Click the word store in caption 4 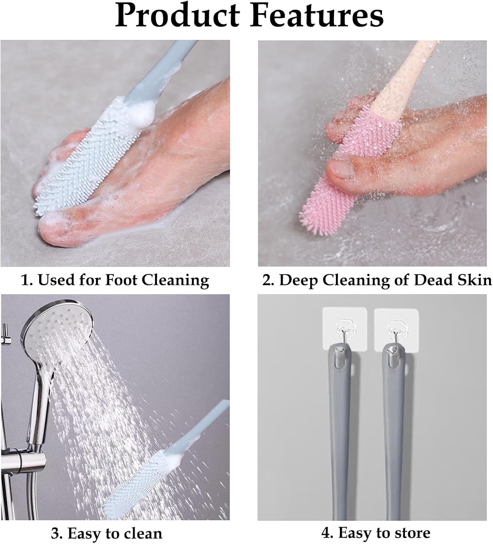click(411, 533)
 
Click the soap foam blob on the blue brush click(136, 111)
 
